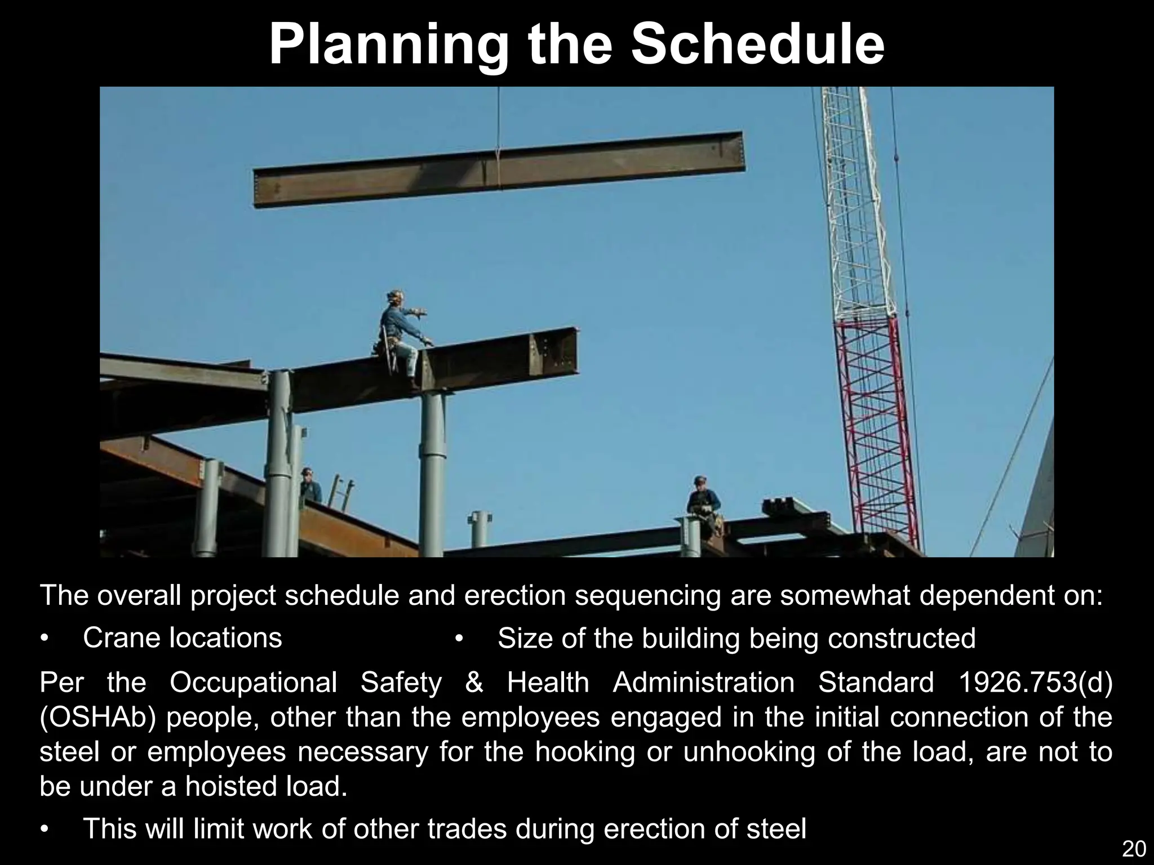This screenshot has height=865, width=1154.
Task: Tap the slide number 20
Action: click(x=1134, y=848)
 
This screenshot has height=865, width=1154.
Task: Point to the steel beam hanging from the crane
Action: click(x=499, y=169)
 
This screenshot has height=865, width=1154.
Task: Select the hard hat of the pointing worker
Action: click(x=395, y=295)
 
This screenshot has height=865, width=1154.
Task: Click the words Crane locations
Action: click(x=182, y=638)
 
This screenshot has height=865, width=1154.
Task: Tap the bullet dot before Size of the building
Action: click(x=459, y=639)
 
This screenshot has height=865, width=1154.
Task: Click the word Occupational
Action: click(x=253, y=683)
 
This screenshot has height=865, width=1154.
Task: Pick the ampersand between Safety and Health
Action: click(x=474, y=683)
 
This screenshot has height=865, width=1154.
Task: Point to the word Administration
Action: click(x=704, y=683)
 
